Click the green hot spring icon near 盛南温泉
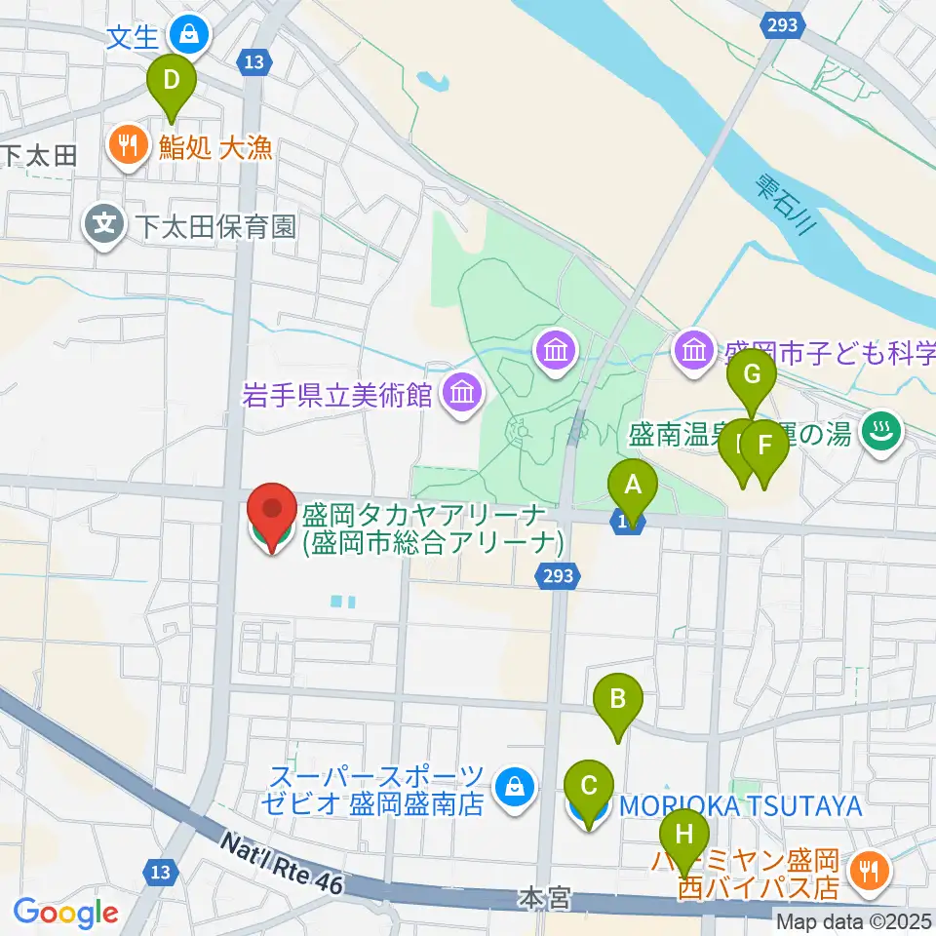(882, 430)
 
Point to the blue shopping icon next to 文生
(187, 37)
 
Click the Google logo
(65, 913)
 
